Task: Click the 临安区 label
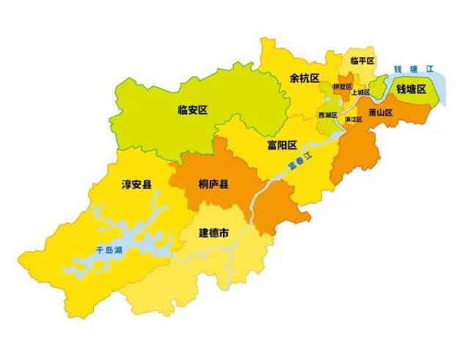pyautogui.click(x=193, y=110)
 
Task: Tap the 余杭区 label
pyautogui.click(x=305, y=77)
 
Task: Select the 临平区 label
pyautogui.click(x=362, y=60)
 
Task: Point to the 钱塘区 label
pyautogui.click(x=411, y=89)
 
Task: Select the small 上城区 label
pyautogui.click(x=360, y=92)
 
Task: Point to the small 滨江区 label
pyautogui.click(x=353, y=119)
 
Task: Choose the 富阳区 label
pyautogui.click(x=282, y=144)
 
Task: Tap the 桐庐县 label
pyautogui.click(x=214, y=183)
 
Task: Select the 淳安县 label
pyautogui.click(x=136, y=183)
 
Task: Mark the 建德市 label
pyautogui.click(x=214, y=233)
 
